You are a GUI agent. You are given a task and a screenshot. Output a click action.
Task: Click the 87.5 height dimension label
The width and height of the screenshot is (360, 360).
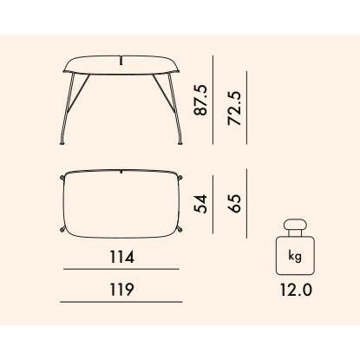pos(201,100)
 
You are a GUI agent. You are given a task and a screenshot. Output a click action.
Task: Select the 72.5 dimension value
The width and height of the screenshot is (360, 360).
pos(234,108)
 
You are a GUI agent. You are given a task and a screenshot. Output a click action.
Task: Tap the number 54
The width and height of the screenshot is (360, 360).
pos(201,204)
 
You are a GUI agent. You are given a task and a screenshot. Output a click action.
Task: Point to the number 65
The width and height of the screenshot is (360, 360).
pos(234,203)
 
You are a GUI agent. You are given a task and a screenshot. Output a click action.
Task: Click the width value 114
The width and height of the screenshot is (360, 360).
pos(122,257)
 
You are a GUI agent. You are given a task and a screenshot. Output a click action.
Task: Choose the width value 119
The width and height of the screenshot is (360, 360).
pos(121,290)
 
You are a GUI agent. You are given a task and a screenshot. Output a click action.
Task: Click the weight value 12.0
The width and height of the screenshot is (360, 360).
pos(296,290)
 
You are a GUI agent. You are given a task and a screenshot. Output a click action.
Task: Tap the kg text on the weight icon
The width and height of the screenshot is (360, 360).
pos(295,256)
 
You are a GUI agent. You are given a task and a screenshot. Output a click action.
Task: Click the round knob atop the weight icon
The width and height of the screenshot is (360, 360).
pos(295,225)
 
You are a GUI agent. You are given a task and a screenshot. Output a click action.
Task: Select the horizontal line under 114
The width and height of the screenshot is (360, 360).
pos(121,269)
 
